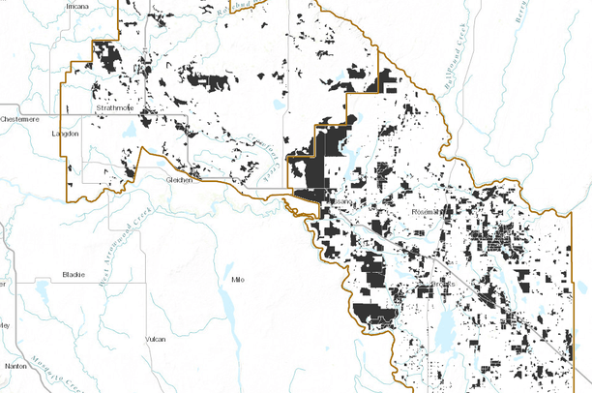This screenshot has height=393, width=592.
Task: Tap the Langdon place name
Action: click(65, 133)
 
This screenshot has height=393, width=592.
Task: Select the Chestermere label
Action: click(21, 118)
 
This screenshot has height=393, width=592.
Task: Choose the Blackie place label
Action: click(74, 274)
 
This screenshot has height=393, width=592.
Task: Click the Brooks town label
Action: click(441, 284)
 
